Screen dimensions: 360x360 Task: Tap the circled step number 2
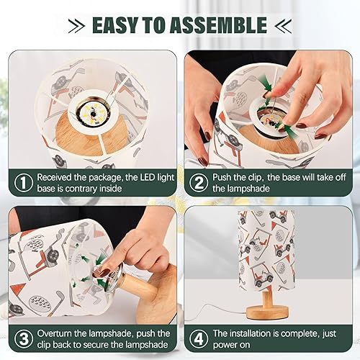point(197,183)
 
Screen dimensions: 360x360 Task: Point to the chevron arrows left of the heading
point(76,26)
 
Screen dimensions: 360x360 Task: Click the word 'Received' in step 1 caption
point(57,176)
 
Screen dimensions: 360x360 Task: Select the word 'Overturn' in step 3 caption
point(58,333)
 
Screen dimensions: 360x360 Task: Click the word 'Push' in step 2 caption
point(224,176)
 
